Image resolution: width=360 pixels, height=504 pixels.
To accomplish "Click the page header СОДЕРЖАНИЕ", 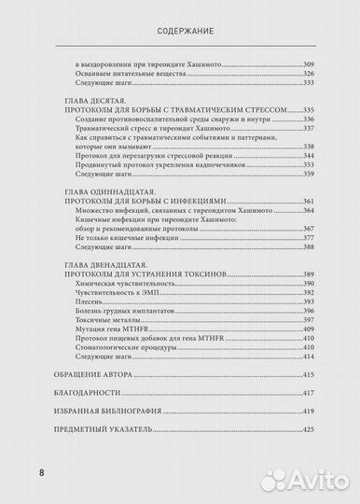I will (180, 29).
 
